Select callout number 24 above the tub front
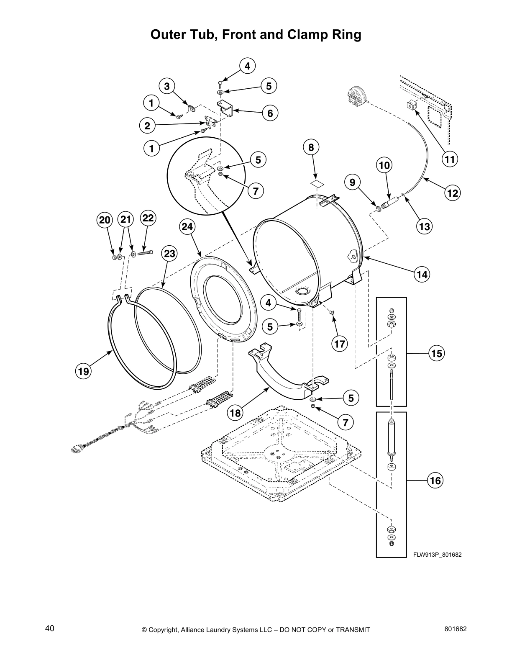click(188, 226)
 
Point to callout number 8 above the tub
click(311, 147)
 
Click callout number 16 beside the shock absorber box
click(435, 481)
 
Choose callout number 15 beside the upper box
click(436, 353)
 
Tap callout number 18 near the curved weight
click(236, 413)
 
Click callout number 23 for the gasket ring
click(169, 254)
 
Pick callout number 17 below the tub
click(339, 344)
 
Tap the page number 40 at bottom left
click(50, 628)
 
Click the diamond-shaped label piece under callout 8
click(317, 183)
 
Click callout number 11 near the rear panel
click(449, 159)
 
